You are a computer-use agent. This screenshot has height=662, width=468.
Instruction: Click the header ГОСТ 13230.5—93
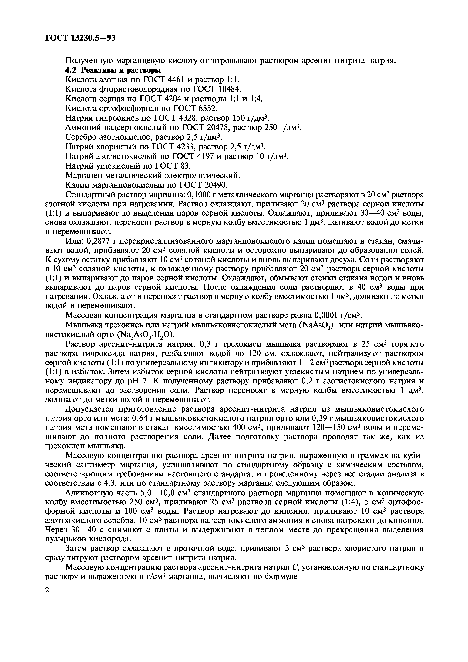pos(80,38)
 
